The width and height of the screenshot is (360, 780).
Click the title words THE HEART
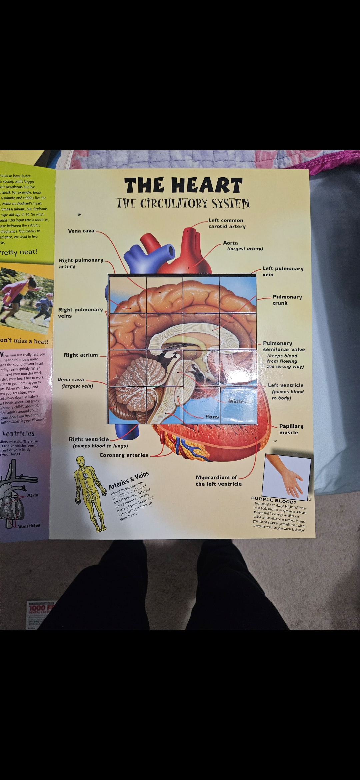[x=183, y=185]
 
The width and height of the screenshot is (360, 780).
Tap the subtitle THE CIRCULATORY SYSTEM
[x=183, y=203]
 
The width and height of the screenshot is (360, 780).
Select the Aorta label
[x=230, y=243]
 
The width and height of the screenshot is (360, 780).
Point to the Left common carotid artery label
[x=227, y=223]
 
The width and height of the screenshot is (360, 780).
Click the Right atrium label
[x=81, y=355]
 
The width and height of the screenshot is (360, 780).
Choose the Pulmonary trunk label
[x=287, y=300]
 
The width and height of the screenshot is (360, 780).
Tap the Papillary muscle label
[x=291, y=429]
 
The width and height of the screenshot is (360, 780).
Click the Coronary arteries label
[x=124, y=455]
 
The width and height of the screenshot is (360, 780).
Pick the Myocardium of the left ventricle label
[x=218, y=481]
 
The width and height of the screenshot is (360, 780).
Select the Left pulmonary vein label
[x=283, y=271]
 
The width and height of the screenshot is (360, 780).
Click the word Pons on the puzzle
[x=212, y=417]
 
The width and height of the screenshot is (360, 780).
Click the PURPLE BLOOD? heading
[x=274, y=500]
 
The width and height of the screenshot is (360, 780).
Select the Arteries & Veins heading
[x=129, y=480]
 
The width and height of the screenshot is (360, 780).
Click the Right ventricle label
[x=89, y=439]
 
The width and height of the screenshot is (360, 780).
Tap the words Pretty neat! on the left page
[x=18, y=252]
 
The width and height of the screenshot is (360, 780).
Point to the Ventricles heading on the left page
[x=18, y=434]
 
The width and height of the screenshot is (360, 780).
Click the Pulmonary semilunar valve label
[x=284, y=346]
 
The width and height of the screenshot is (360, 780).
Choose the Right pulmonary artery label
[x=81, y=263]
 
